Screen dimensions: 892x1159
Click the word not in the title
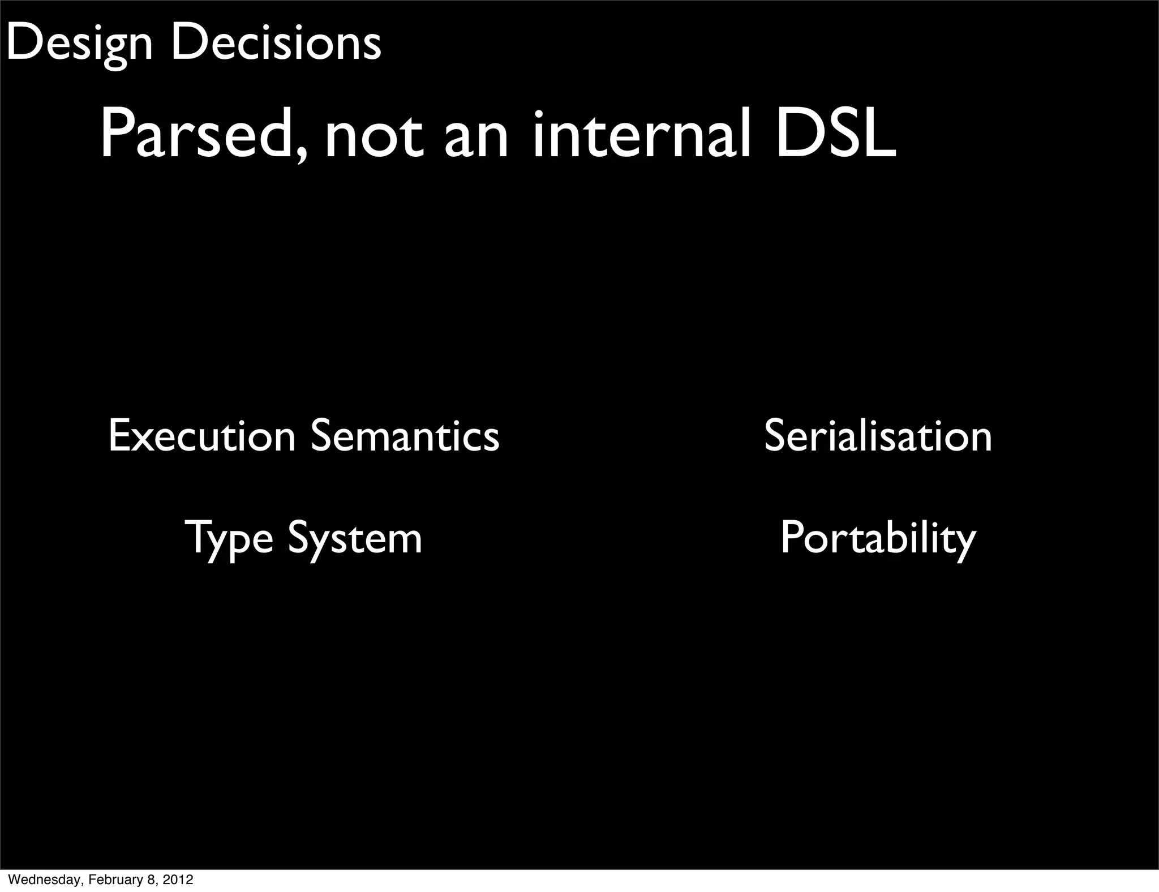coord(374,137)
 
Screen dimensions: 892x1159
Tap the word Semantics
coord(405,436)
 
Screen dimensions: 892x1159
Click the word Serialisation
coord(878,436)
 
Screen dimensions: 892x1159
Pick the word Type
coord(229,539)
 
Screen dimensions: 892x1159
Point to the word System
coord(355,539)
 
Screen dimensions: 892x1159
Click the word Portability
coord(878,539)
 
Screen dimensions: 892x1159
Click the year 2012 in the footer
coord(178,880)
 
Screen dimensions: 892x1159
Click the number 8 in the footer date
coord(153,880)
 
